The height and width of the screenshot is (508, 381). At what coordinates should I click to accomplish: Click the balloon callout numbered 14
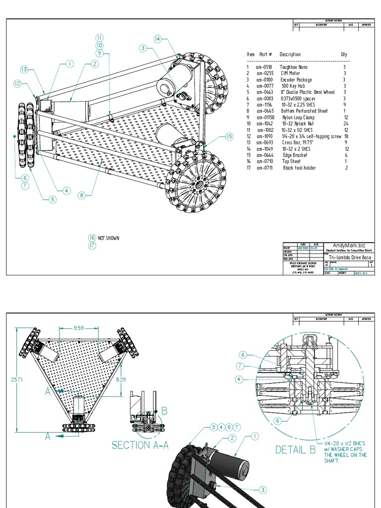(x=158, y=39)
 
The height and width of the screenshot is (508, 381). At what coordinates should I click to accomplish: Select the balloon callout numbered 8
(x=81, y=195)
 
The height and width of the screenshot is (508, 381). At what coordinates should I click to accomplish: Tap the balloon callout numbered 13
(x=24, y=69)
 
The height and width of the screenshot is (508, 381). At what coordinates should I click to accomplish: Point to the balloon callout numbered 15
(x=229, y=137)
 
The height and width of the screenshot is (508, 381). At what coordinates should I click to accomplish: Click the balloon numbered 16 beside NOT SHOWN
(x=92, y=238)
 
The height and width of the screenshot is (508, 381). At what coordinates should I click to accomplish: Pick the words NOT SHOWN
(x=109, y=238)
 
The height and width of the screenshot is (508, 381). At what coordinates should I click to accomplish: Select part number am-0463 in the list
(x=265, y=92)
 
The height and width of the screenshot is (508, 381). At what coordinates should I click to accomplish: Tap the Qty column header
(x=344, y=55)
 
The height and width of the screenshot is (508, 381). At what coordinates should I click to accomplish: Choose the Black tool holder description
(x=299, y=168)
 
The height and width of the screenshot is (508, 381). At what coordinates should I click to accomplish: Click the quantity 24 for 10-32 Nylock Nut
(x=344, y=124)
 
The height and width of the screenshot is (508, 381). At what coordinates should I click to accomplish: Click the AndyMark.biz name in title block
(x=349, y=246)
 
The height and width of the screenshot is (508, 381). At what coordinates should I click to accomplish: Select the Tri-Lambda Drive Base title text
(x=350, y=258)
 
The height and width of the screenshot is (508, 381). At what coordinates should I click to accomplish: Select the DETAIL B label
(x=296, y=450)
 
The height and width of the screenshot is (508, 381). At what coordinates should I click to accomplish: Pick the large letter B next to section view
(x=165, y=411)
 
